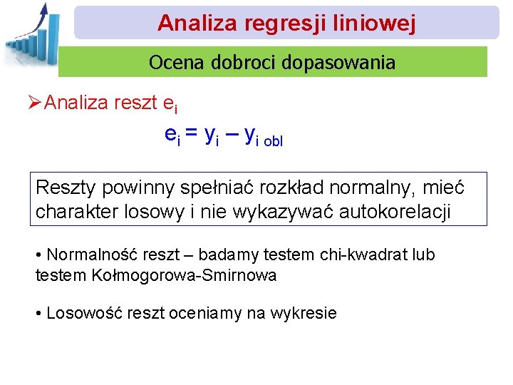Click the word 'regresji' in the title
pyautogui.click(x=274, y=23)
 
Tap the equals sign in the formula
pyautogui.click(x=192, y=133)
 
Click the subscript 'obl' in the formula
pyautogui.click(x=274, y=141)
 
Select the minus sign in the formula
pyautogui.click(x=231, y=133)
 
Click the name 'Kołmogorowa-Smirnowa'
pyautogui.click(x=185, y=275)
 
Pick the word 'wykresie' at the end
pyautogui.click(x=307, y=313)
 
